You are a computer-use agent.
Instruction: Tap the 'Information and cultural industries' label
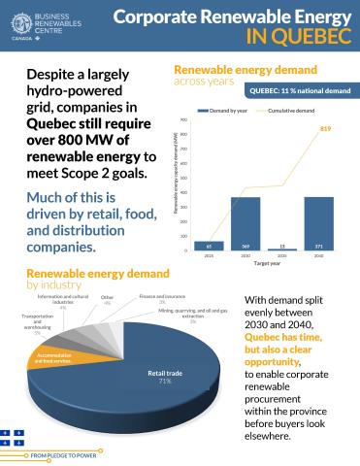(x=63, y=303)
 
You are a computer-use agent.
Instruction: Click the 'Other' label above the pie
(x=107, y=299)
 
